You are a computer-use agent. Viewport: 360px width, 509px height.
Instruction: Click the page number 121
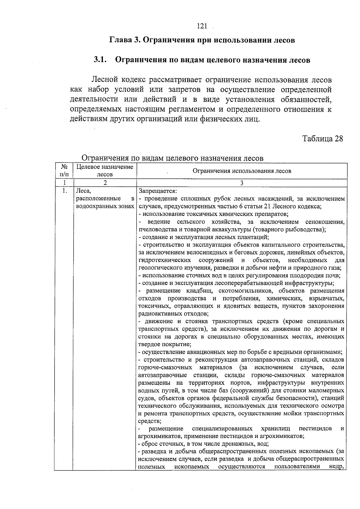coord(202,26)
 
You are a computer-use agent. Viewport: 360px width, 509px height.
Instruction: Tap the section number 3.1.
coord(100,60)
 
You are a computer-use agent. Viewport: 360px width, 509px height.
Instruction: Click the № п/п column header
coord(64,171)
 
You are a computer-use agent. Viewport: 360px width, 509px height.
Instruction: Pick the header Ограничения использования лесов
coord(241,171)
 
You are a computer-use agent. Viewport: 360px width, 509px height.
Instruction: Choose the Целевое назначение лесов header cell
coord(105,171)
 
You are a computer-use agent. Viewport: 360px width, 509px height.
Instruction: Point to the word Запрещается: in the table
coord(157,191)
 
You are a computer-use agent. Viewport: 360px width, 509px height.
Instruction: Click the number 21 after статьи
coord(267,206)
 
